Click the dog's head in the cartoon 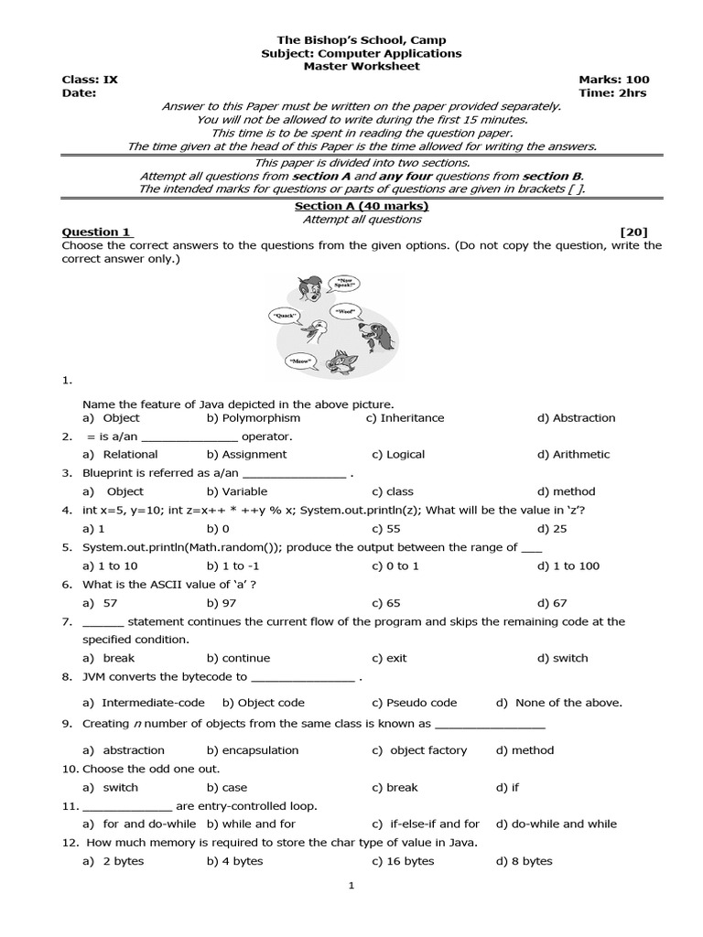(375, 322)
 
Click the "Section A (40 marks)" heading (362, 206)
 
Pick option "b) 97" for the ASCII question (222, 603)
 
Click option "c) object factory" (419, 750)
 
